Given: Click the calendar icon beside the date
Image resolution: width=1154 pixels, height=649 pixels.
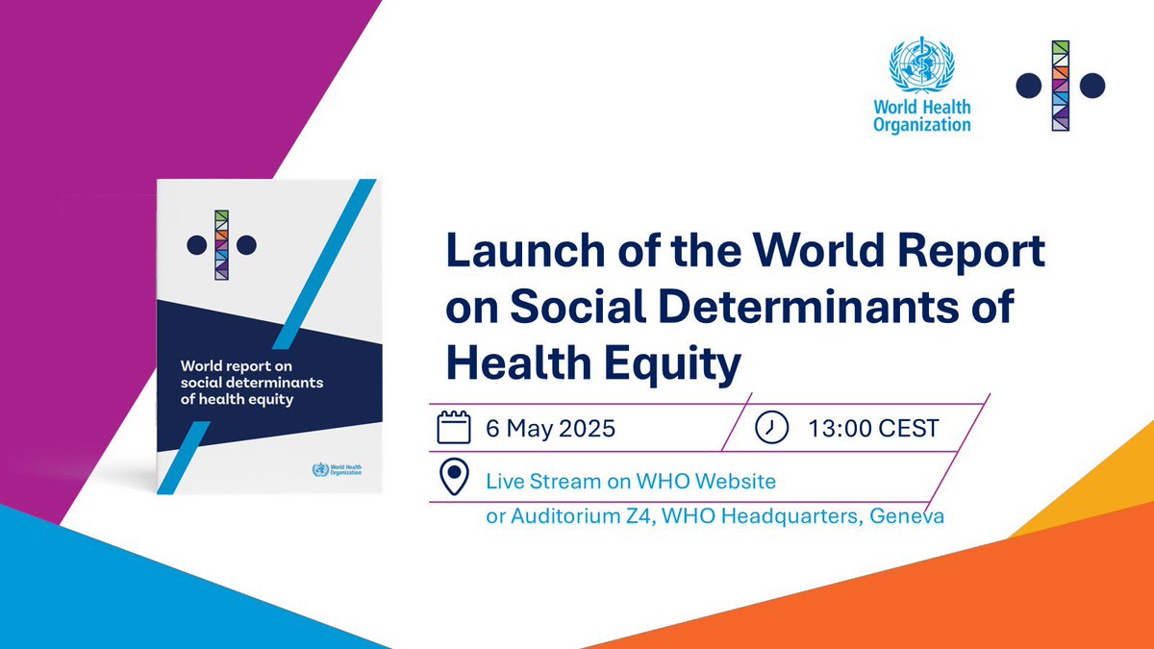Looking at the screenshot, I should tap(454, 428).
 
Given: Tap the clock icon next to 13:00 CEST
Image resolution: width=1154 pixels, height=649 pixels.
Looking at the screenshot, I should tap(770, 428).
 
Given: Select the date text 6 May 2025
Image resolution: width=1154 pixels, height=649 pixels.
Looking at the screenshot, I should tap(550, 429).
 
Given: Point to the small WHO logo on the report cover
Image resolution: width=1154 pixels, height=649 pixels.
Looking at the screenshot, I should tap(333, 471).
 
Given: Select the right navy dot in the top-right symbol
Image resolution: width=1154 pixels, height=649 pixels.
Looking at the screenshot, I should tap(1091, 86).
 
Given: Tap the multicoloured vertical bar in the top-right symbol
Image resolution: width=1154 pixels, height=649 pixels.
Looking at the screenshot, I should tap(1061, 86).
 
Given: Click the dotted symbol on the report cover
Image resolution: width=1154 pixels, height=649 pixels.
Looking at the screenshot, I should tap(222, 244).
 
